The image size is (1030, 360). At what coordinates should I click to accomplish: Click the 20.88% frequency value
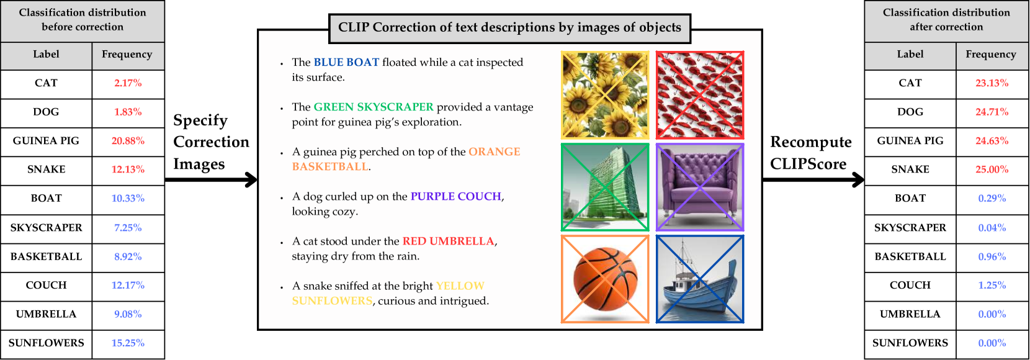pyautogui.click(x=128, y=141)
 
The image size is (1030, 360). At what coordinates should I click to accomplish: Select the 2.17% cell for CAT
pyautogui.click(x=128, y=83)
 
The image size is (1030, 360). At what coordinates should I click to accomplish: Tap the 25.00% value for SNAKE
pyautogui.click(x=992, y=169)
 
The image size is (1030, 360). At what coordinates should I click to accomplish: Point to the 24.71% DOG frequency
pyautogui.click(x=992, y=112)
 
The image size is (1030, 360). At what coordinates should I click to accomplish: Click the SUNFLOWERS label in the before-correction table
pyautogui.click(x=46, y=343)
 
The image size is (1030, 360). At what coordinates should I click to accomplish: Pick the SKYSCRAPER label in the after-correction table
pyautogui.click(x=910, y=228)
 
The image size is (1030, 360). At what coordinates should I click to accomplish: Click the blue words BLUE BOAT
pyautogui.click(x=346, y=62)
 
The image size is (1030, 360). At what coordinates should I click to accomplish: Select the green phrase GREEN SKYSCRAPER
pyautogui.click(x=374, y=107)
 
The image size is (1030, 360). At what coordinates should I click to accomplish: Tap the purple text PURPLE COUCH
pyautogui.click(x=455, y=196)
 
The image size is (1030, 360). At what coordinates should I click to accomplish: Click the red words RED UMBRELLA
pyautogui.click(x=448, y=241)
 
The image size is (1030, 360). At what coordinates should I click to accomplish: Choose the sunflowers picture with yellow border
pyautogui.click(x=605, y=95)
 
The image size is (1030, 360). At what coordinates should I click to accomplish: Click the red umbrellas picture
pyautogui.click(x=700, y=95)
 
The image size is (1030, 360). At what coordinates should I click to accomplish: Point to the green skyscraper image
pyautogui.click(x=605, y=187)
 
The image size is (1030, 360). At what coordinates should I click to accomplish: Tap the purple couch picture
pyautogui.click(x=700, y=187)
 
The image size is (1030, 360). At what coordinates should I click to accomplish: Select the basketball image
pyautogui.click(x=605, y=279)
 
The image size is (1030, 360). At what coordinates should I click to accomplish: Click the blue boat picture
pyautogui.click(x=700, y=279)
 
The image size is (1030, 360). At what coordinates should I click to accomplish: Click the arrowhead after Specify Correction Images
pyautogui.click(x=251, y=180)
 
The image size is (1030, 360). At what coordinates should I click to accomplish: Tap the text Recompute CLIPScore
pyautogui.click(x=811, y=153)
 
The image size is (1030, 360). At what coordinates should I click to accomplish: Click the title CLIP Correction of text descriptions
pyautogui.click(x=509, y=27)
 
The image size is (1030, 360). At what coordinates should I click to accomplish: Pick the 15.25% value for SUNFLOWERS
pyautogui.click(x=128, y=343)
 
